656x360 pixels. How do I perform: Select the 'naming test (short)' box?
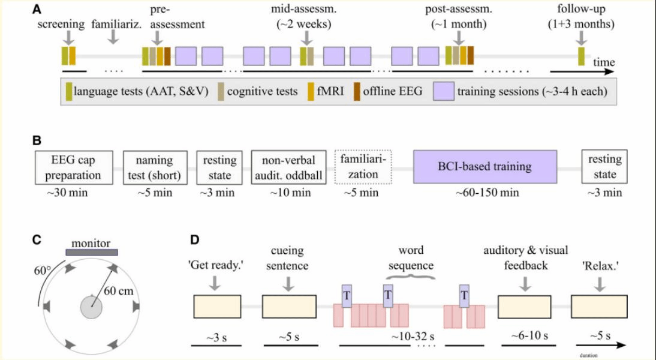[154, 167]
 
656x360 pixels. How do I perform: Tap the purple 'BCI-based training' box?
[485, 167]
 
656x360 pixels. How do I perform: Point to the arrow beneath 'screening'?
[69, 37]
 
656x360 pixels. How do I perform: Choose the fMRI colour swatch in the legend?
[311, 92]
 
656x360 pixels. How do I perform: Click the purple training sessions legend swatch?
[443, 92]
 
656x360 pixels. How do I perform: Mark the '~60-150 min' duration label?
[485, 193]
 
